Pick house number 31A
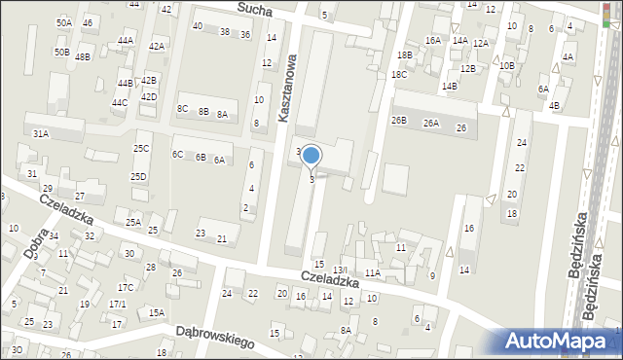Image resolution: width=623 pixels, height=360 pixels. click(x=41, y=133)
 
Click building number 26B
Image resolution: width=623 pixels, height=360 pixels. click(x=399, y=121)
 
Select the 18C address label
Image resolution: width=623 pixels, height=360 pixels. click(x=399, y=74)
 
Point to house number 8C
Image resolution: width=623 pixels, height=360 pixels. click(x=182, y=109)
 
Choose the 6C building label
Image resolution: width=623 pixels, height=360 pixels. click(x=177, y=155)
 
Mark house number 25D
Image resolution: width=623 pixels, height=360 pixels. click(x=139, y=177)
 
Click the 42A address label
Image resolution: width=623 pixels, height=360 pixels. click(x=156, y=47)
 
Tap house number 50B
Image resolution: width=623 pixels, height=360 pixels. click(x=62, y=52)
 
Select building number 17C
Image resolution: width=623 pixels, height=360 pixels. click(x=126, y=288)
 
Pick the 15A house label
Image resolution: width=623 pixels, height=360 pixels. click(x=157, y=313)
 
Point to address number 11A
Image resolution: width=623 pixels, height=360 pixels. click(x=373, y=273)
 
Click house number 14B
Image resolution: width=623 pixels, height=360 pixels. click(x=449, y=87)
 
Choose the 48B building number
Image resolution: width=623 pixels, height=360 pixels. click(x=83, y=57)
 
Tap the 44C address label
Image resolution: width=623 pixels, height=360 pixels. click(x=119, y=103)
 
